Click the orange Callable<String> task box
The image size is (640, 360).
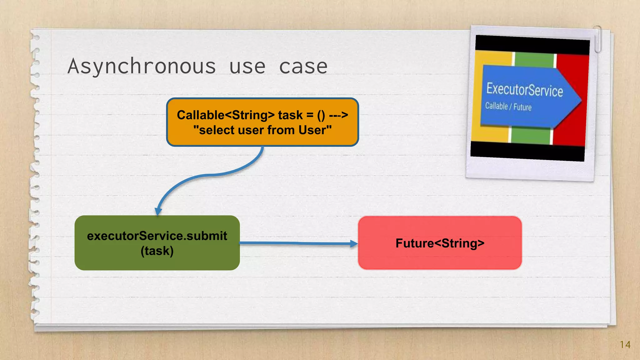point(262,122)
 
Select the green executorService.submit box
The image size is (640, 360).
point(157,243)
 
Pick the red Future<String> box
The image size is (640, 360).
point(440,243)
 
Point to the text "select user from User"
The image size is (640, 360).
point(262,130)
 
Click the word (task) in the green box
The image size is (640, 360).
point(157,251)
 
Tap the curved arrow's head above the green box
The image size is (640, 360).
point(158,211)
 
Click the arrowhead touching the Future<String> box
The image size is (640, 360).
point(354,243)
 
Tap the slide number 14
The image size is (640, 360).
point(625,345)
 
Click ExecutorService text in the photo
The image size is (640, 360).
point(524,90)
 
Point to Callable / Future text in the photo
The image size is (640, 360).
point(508,107)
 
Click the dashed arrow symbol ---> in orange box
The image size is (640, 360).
point(338,115)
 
